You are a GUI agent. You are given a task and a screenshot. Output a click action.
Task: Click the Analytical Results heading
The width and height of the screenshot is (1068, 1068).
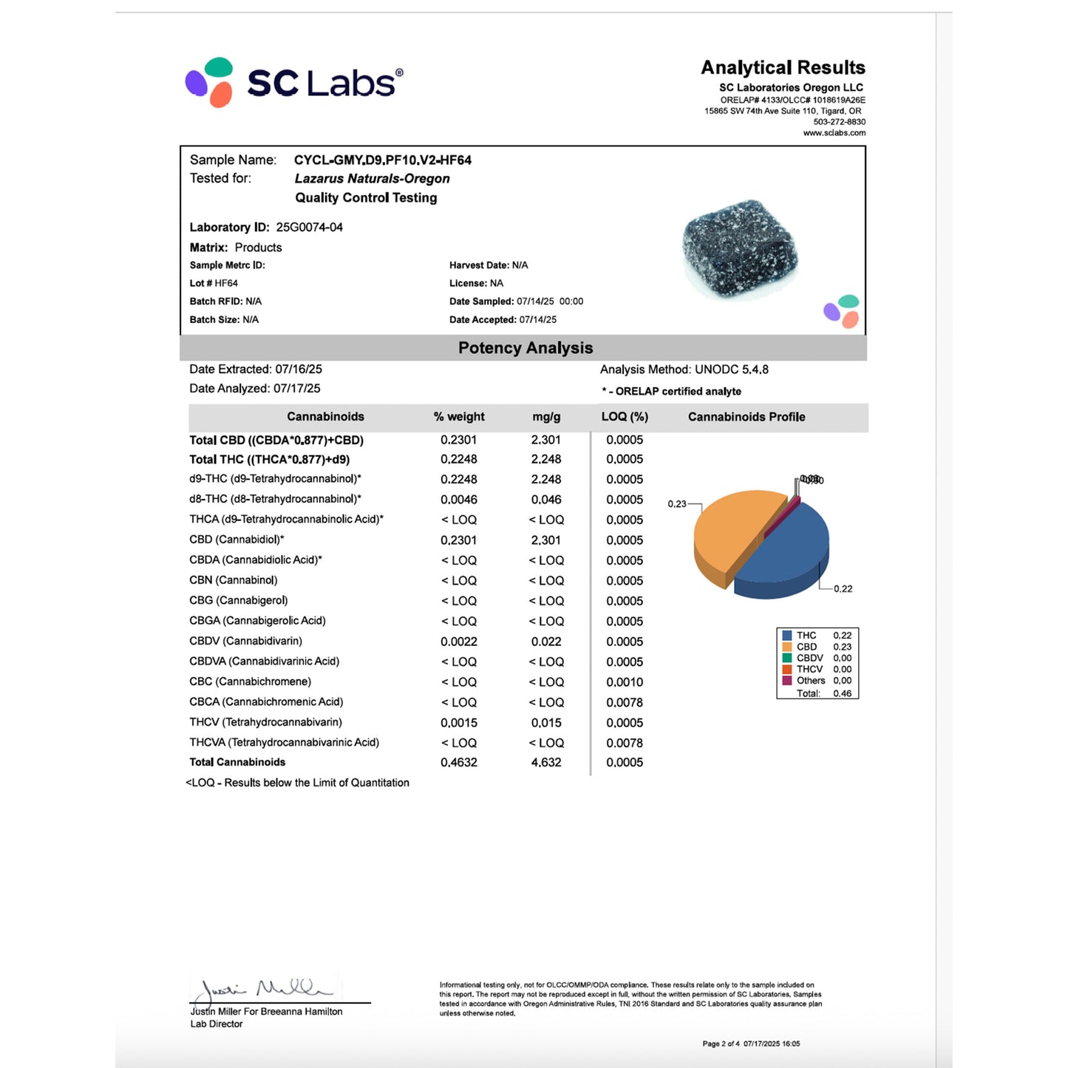pyautogui.click(x=783, y=68)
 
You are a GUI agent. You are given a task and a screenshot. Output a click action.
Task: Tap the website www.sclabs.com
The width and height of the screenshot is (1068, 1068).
pyautogui.click(x=834, y=133)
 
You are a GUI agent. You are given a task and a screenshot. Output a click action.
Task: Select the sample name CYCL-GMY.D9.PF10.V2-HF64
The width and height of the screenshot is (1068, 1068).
pyautogui.click(x=382, y=160)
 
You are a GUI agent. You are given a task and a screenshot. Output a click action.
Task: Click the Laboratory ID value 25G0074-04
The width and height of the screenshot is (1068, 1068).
pyautogui.click(x=309, y=228)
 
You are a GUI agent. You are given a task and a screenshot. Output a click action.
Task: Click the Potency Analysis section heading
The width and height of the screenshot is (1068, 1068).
pyautogui.click(x=525, y=348)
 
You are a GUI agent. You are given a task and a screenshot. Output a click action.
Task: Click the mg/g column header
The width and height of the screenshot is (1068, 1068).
pyautogui.click(x=546, y=417)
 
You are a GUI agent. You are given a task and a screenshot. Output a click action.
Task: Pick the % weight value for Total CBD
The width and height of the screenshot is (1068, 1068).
pyautogui.click(x=458, y=441)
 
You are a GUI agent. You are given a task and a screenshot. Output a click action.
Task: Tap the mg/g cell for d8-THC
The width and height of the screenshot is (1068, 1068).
pyautogui.click(x=546, y=500)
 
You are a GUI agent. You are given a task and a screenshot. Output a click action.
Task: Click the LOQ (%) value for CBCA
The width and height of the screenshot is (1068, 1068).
pyautogui.click(x=625, y=702)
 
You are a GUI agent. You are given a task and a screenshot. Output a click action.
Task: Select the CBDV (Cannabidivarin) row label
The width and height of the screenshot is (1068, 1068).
pyautogui.click(x=245, y=642)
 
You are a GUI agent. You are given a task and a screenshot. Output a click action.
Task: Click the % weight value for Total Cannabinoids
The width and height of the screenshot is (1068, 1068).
pyautogui.click(x=458, y=763)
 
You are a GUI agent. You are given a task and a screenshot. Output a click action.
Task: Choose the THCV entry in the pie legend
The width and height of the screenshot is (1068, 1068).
pyautogui.click(x=809, y=670)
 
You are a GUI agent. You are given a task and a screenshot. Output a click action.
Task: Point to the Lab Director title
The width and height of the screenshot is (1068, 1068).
pyautogui.click(x=217, y=1024)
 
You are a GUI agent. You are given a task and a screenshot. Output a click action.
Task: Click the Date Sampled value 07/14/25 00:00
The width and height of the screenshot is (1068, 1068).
pyautogui.click(x=550, y=302)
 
